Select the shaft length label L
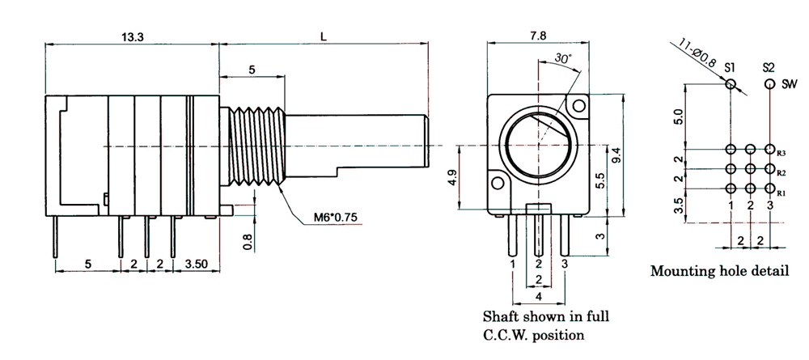click(324, 36)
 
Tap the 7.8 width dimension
click(539, 36)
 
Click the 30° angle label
click(563, 58)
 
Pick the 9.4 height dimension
click(616, 155)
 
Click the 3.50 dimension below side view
click(198, 264)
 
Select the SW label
click(790, 83)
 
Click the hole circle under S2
click(769, 83)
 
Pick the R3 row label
click(781, 152)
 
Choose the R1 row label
click(781, 193)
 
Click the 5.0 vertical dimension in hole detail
click(678, 118)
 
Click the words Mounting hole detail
click(719, 271)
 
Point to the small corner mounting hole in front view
click(577, 105)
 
